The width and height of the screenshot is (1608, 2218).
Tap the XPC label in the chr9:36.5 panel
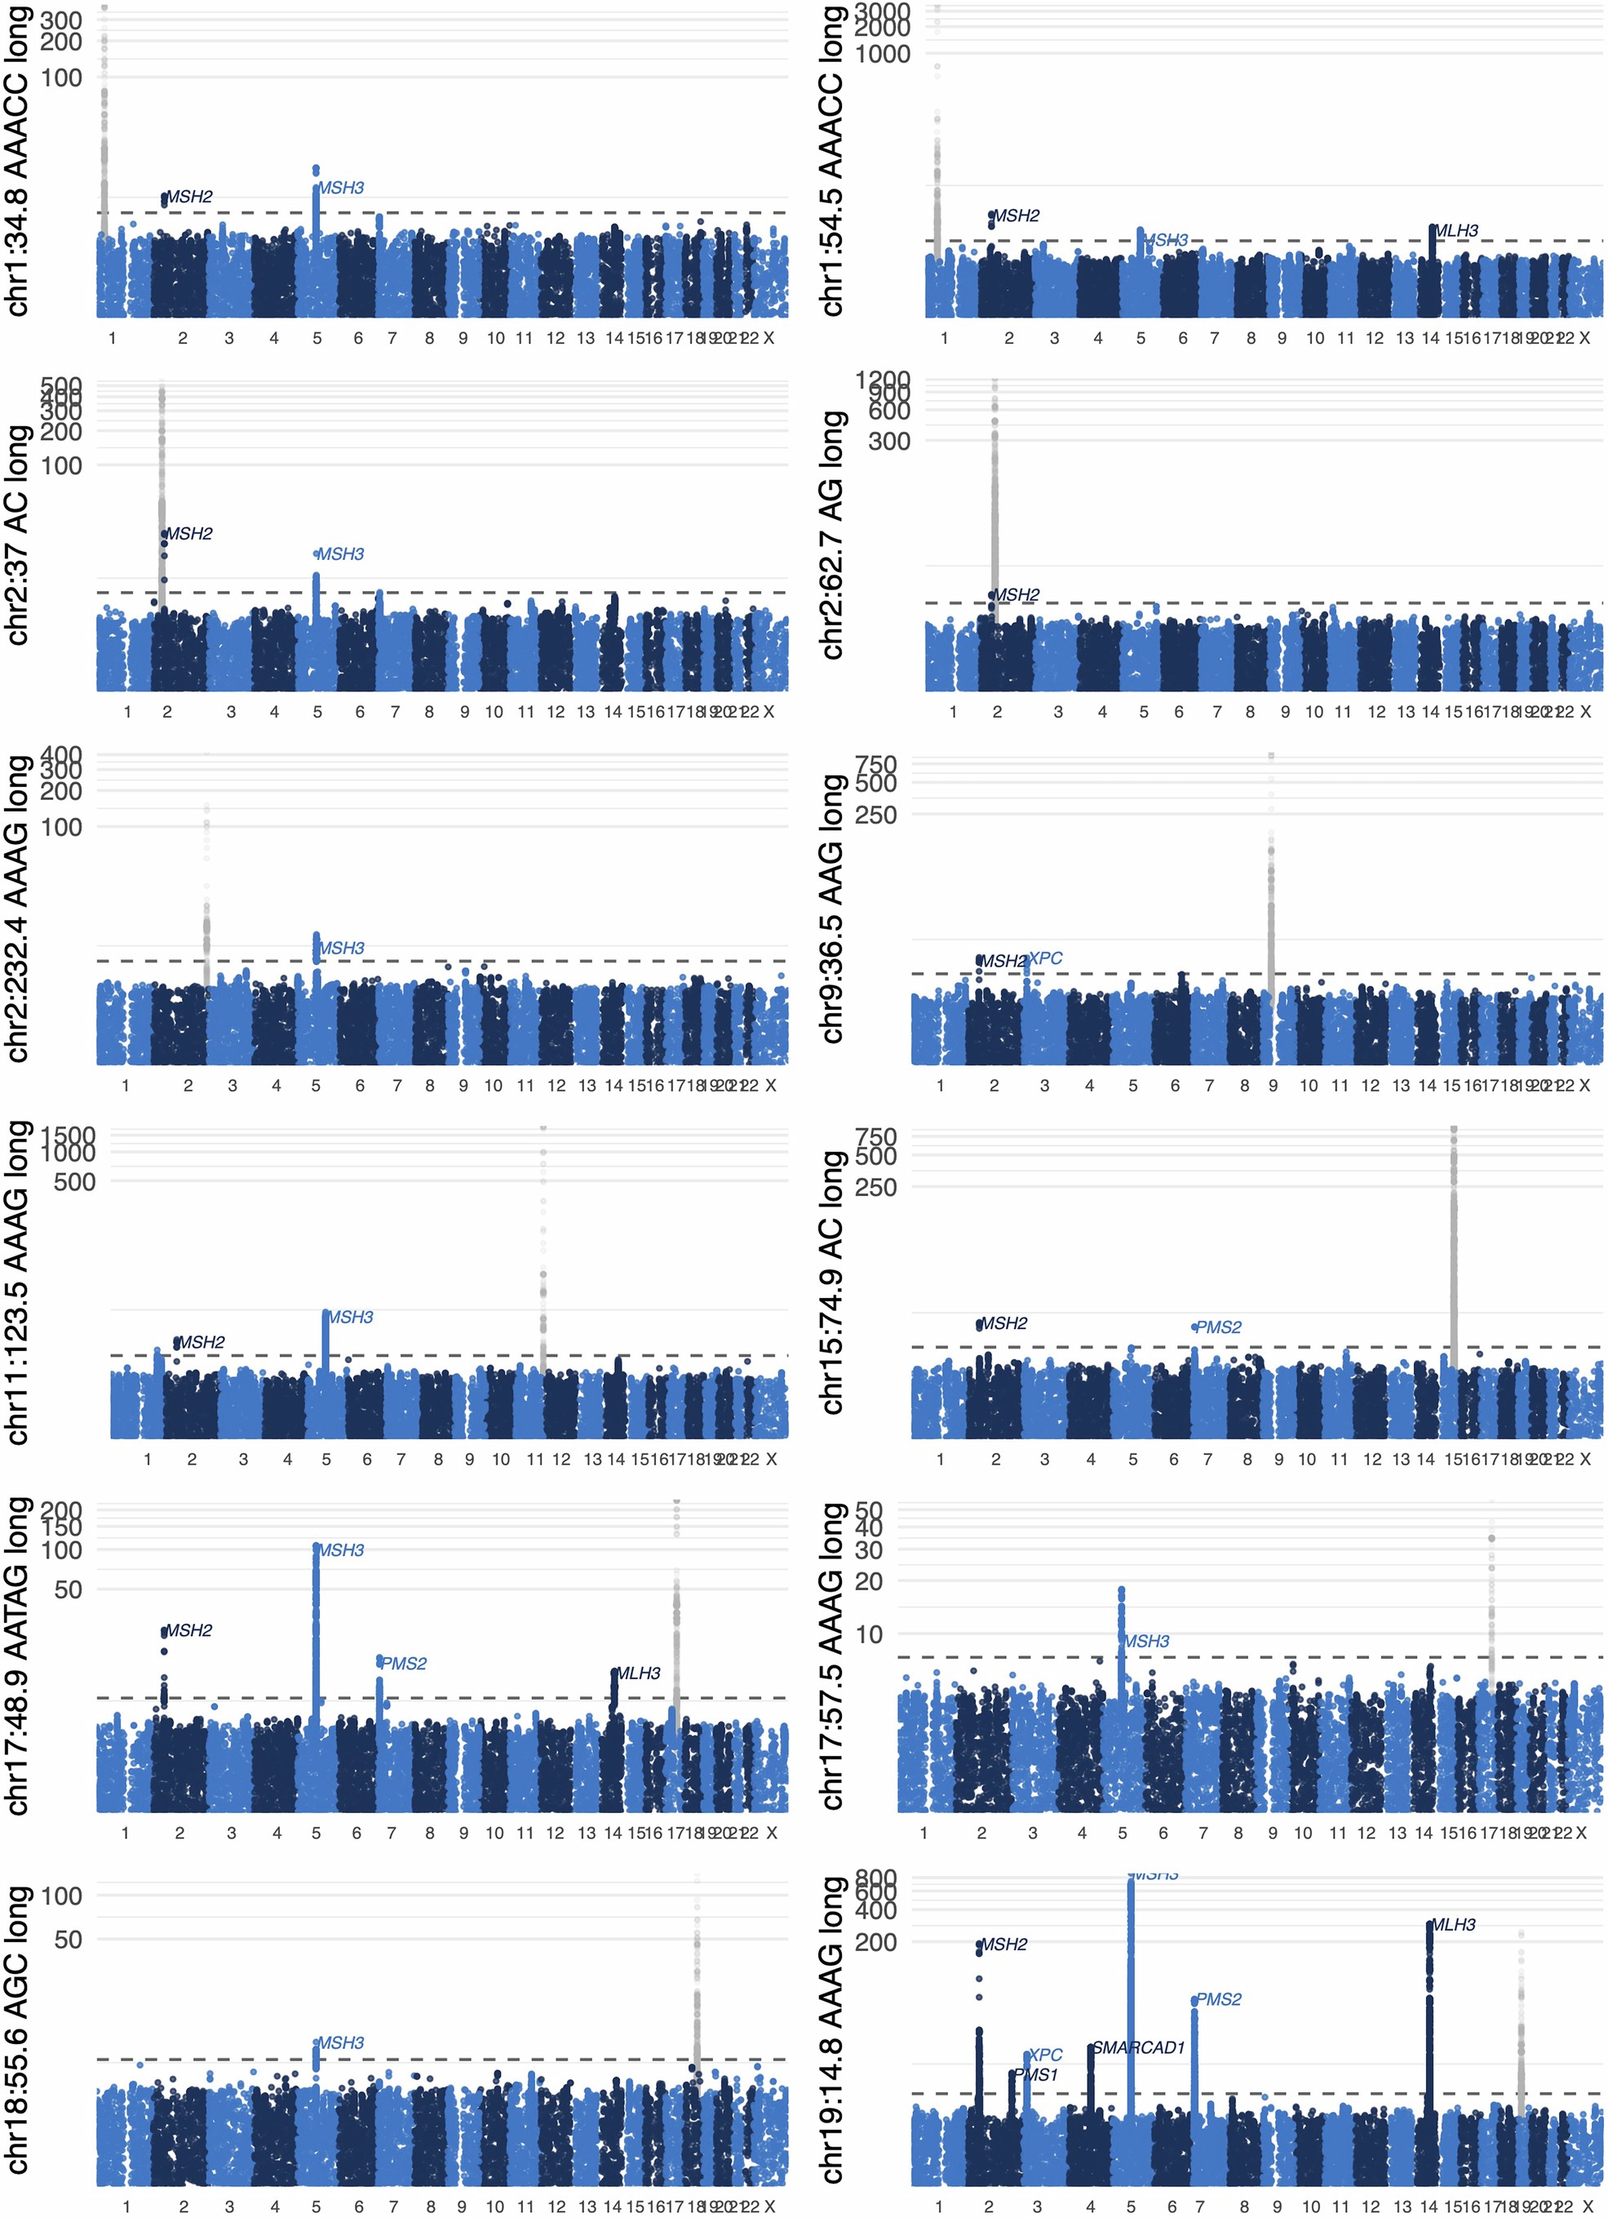click(1045, 958)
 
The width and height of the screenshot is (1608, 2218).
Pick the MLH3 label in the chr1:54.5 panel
click(1455, 231)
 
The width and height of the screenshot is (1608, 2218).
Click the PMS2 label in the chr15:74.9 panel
click(1218, 1327)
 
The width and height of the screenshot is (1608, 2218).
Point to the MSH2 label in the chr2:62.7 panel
click(1016, 594)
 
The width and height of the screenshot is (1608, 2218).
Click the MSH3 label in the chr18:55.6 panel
click(340, 2043)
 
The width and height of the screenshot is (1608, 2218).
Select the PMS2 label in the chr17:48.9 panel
click(403, 1664)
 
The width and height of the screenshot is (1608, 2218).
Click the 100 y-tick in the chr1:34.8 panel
click(61, 78)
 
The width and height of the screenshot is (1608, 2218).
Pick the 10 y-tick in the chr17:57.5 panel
click(868, 1634)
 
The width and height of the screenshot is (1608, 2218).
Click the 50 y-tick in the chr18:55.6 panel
click(69, 1940)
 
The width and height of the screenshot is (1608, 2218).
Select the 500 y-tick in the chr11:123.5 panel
click(75, 1182)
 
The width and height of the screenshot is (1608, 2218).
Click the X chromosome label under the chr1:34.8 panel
click(769, 338)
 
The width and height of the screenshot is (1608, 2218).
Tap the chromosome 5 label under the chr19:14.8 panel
click(1131, 2207)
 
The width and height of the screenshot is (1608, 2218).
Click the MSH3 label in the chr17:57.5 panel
click(1146, 1641)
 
